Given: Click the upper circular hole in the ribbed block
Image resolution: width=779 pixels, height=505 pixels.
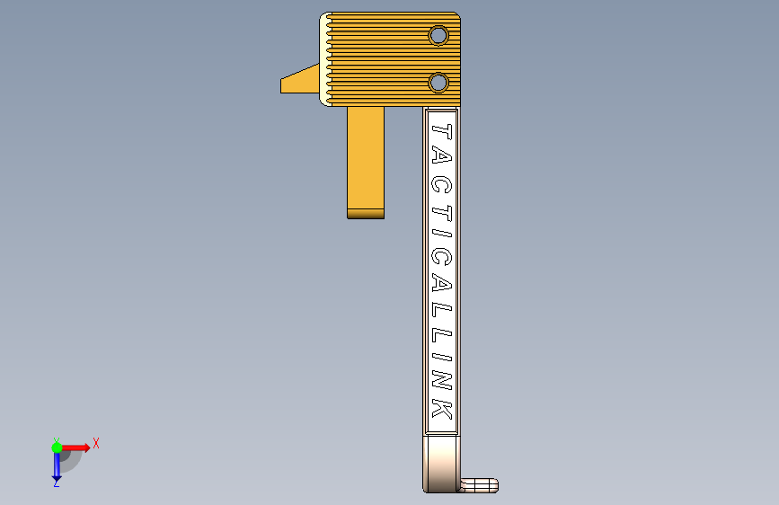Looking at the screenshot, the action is [x=438, y=35].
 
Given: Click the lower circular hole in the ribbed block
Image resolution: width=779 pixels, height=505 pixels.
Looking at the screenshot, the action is [x=438, y=83].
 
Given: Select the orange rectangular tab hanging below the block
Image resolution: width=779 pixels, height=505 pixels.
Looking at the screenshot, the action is [x=366, y=163].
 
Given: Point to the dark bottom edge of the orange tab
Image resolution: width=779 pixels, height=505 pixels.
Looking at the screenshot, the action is [x=366, y=214].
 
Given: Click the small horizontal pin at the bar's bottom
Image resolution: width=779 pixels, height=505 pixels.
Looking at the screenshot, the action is [x=478, y=485].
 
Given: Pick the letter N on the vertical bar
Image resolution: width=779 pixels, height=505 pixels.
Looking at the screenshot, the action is [x=442, y=380].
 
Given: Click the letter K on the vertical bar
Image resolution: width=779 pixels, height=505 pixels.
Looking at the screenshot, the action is [x=442, y=408].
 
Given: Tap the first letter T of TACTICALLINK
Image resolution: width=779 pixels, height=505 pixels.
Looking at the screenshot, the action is [x=442, y=132].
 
